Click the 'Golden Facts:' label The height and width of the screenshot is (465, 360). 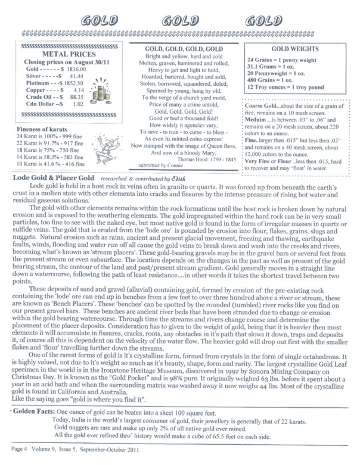[x=30, y=412]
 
